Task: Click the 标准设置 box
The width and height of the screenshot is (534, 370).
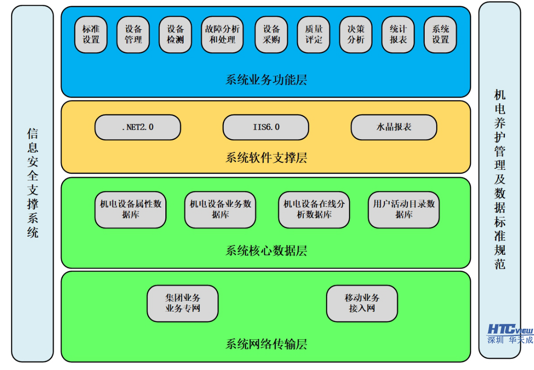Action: (x=91, y=35)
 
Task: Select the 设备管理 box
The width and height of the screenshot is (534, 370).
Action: (x=133, y=35)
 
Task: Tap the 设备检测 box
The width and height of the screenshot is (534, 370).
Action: (x=175, y=35)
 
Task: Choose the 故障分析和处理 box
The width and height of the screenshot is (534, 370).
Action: (x=222, y=35)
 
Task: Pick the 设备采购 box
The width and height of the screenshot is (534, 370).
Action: (x=271, y=35)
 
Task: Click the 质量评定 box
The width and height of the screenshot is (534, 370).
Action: (x=313, y=35)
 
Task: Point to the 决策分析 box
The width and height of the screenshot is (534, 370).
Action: (x=356, y=35)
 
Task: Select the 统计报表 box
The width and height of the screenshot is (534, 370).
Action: (x=398, y=35)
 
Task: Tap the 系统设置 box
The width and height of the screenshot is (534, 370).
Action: (x=440, y=35)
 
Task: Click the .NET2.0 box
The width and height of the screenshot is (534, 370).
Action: (x=138, y=127)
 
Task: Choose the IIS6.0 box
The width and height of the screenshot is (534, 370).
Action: (x=266, y=127)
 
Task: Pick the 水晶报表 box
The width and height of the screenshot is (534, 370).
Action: (x=394, y=127)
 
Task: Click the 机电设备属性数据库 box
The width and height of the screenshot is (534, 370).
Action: (x=130, y=210)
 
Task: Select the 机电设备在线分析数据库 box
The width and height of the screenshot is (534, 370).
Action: (x=314, y=210)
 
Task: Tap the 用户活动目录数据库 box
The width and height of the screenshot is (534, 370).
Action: (x=404, y=210)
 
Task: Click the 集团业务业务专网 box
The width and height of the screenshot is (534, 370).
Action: (x=182, y=303)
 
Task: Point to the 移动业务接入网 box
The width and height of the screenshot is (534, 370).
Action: (x=361, y=303)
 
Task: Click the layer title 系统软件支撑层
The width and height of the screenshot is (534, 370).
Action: (x=266, y=157)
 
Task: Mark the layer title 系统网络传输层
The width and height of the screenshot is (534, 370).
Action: (x=266, y=344)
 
